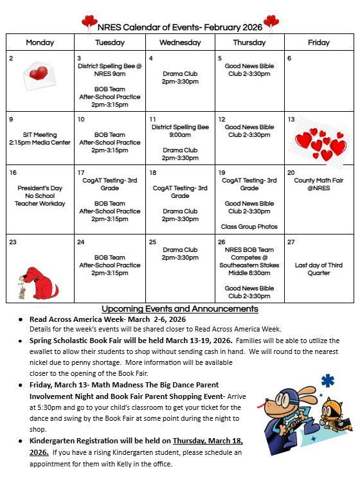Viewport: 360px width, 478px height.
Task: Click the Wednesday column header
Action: pos(180,42)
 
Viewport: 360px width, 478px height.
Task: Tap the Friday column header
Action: pos(319,42)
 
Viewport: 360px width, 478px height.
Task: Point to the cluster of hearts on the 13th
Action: pos(320,144)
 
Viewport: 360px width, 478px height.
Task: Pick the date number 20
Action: pos(291,173)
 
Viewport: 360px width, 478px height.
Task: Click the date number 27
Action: pos(291,242)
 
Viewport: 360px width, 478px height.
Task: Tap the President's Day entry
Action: pos(40,196)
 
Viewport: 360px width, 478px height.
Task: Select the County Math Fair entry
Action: pos(319,184)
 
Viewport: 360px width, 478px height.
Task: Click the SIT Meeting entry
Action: pos(40,139)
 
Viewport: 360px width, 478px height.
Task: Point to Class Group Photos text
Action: pos(249,227)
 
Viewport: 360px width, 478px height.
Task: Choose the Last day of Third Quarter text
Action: pos(319,269)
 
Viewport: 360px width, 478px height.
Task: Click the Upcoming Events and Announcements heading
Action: pos(180,309)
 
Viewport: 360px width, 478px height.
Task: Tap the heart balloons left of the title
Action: pos(89,24)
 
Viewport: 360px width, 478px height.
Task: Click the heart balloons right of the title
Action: pos(271,23)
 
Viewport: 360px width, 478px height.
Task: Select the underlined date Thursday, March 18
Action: pos(208,441)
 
